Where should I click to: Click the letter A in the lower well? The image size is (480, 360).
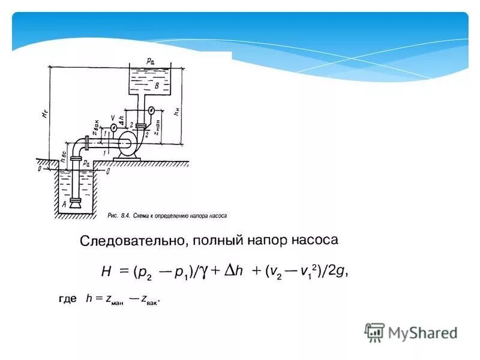pyautogui.click(x=64, y=204)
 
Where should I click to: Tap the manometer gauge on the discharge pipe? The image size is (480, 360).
pyautogui.click(x=152, y=110)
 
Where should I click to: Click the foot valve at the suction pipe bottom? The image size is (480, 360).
pyautogui.click(x=76, y=203)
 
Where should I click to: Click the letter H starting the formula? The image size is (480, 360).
pyautogui.click(x=106, y=272)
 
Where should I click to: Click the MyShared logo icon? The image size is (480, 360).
pyautogui.click(x=375, y=332)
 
